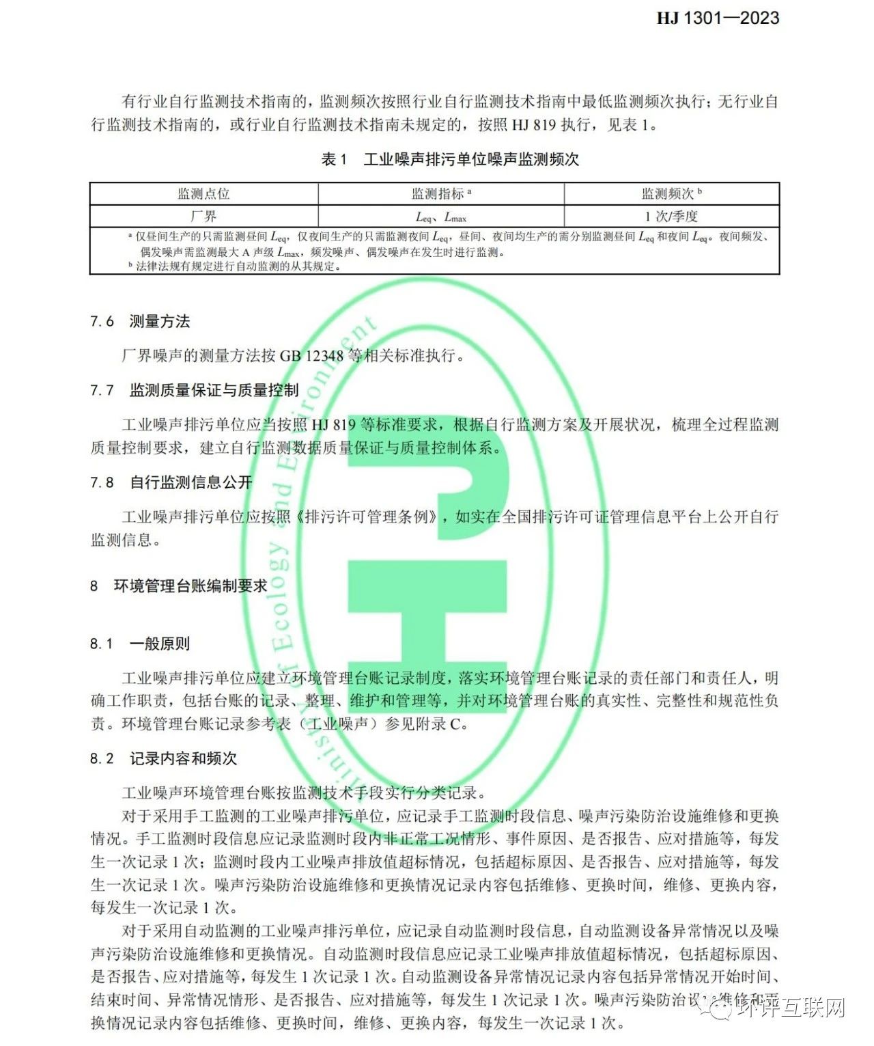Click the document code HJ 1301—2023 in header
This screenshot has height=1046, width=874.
tap(718, 18)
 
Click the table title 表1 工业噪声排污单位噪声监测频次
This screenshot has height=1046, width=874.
tap(450, 159)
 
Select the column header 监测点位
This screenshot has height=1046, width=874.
tap(203, 194)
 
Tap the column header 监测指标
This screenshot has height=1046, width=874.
tap(441, 194)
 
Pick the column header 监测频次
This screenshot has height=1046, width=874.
tap(671, 194)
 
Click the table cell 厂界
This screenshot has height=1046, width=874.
tap(203, 216)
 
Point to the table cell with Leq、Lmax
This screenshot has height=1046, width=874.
tap(441, 217)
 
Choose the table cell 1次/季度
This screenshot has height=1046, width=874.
tap(671, 216)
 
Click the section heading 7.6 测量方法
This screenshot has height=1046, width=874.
tap(140, 321)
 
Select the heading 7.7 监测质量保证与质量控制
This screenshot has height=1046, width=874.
tap(195, 390)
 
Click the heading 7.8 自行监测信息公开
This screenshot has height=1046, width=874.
tap(171, 482)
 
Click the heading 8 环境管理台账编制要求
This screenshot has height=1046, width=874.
tap(179, 586)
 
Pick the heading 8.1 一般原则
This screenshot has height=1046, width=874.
tap(140, 644)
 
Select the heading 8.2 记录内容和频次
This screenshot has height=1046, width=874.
tap(163, 758)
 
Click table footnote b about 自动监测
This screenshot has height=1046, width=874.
tap(235, 266)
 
